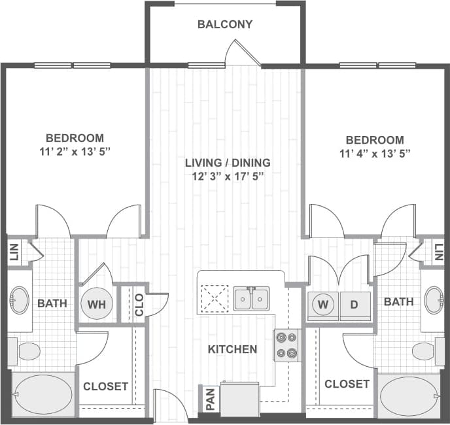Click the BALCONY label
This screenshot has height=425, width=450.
click(224, 25)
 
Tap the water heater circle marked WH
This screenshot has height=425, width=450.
click(96, 304)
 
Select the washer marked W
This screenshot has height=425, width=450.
click(322, 304)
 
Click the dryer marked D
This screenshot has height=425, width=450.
click(355, 304)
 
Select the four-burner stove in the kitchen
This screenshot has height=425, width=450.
click(287, 345)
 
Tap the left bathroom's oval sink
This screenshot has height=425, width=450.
click(19, 301)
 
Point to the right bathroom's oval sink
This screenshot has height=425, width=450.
click(433, 301)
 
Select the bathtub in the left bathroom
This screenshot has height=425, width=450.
click(43, 394)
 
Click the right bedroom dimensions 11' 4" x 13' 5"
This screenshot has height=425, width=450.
click(375, 155)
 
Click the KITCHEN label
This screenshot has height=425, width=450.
click(232, 350)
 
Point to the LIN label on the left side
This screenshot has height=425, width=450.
click(14, 252)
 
